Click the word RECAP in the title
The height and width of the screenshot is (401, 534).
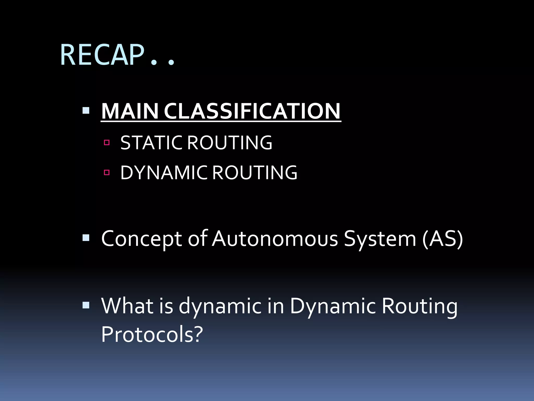102,55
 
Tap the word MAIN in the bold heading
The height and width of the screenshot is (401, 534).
130,111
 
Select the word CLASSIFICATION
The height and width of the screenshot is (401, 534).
252,111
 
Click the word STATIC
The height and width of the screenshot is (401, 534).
151,143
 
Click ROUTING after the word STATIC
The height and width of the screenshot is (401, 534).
230,143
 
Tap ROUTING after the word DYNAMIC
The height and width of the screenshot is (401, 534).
255,173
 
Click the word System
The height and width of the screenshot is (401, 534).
380,239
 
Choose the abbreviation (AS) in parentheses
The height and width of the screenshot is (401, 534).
442,239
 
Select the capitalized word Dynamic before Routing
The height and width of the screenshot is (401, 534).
332,306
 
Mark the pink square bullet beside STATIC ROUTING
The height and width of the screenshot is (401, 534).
107,143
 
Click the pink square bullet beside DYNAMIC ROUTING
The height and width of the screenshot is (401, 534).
107,172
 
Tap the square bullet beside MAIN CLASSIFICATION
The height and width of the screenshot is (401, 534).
86,111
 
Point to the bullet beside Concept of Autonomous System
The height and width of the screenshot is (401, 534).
86,238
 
